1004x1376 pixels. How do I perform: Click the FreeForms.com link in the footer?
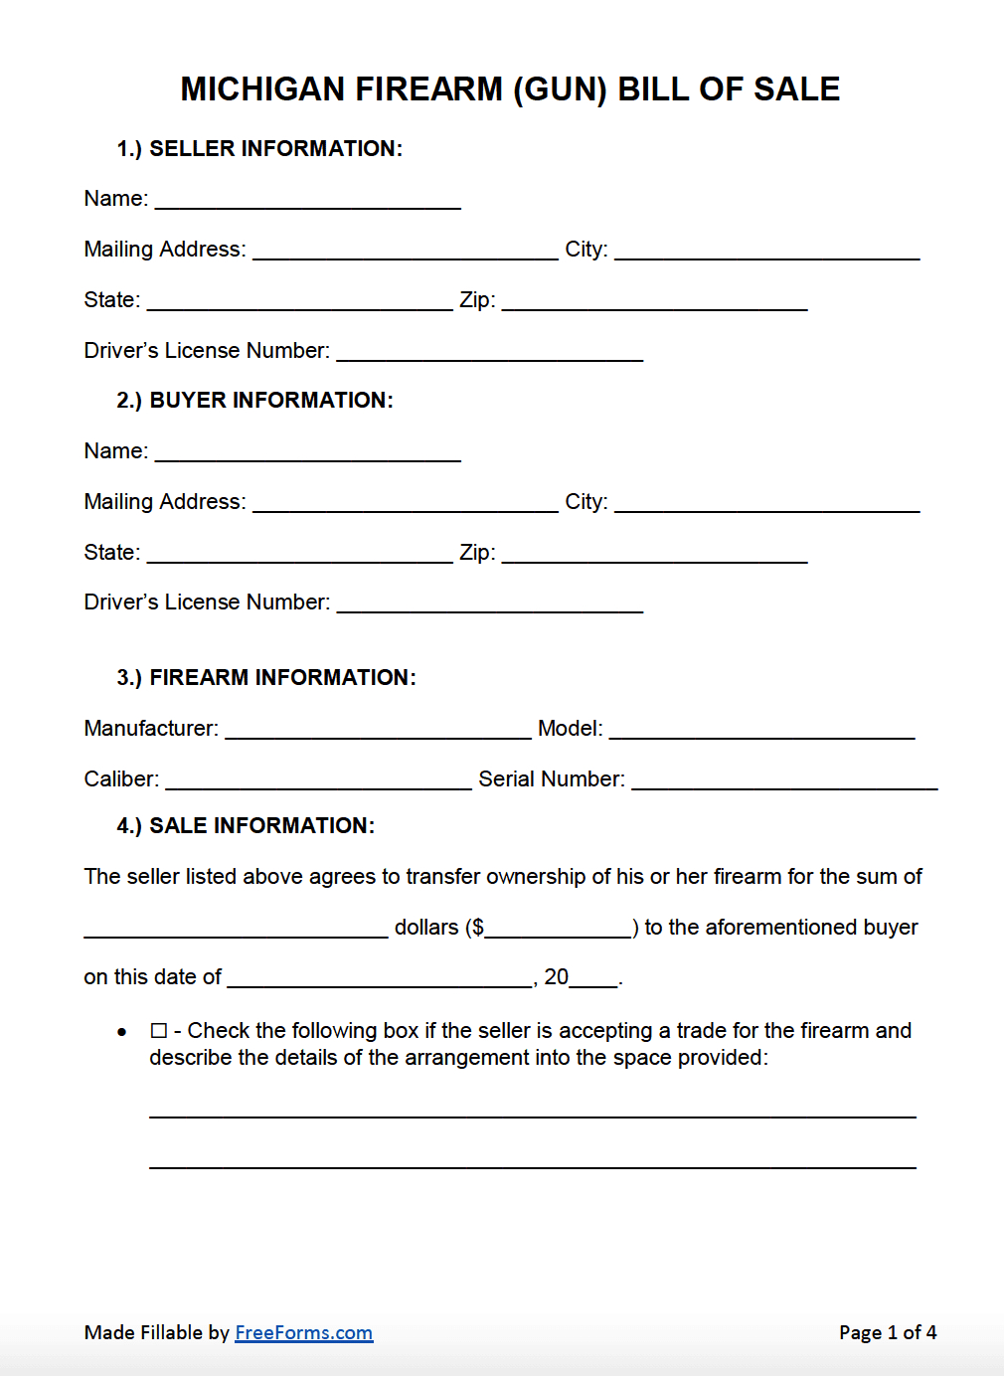303,1332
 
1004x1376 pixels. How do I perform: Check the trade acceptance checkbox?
159,1031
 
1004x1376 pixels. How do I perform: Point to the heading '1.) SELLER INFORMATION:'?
259,148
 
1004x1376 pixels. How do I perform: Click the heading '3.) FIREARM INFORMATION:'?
266,677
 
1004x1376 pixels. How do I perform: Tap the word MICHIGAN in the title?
263,89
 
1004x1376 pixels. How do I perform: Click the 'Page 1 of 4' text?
888,1332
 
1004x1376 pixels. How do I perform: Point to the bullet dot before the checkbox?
122,1032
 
